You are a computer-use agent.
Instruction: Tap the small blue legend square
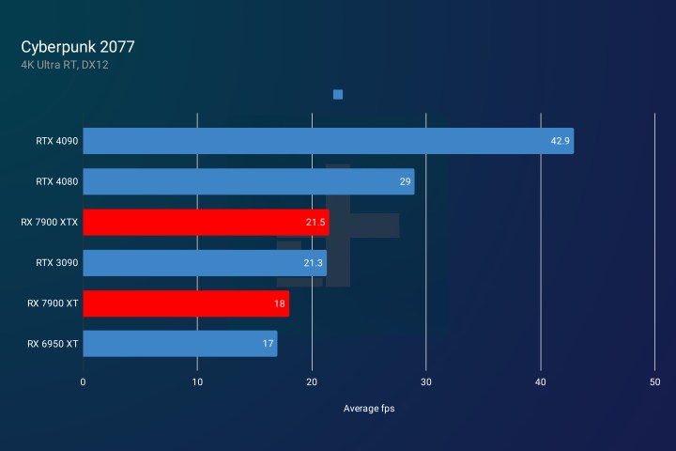338,95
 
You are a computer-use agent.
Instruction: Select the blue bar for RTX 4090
328,141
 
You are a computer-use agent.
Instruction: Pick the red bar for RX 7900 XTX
206,223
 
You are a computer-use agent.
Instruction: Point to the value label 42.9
560,141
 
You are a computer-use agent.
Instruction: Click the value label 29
406,182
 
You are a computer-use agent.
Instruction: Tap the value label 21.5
315,223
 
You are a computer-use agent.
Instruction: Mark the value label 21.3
313,263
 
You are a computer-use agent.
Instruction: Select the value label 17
268,344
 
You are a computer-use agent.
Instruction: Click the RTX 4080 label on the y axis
57,182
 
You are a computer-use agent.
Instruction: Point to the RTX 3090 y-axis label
57,263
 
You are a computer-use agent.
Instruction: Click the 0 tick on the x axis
83,381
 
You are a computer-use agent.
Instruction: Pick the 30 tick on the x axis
426,381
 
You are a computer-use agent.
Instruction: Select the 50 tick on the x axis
654,381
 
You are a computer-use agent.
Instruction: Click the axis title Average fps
370,408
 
